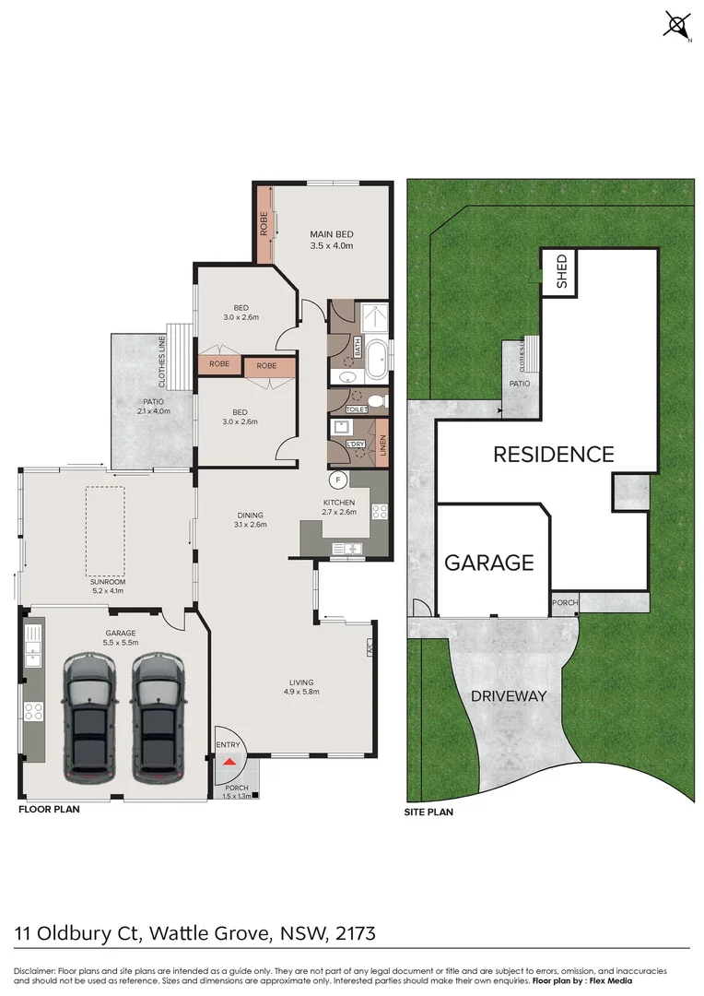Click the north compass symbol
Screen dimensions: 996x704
pyautogui.click(x=677, y=25)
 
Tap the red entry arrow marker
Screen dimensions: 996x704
pyautogui.click(x=229, y=761)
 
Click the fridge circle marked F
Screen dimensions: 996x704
pyautogui.click(x=338, y=480)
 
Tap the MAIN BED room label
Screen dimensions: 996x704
pyautogui.click(x=331, y=234)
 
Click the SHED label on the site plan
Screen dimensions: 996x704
pyautogui.click(x=561, y=271)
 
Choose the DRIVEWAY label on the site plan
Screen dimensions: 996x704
pyautogui.click(x=509, y=696)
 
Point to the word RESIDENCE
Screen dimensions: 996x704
pyautogui.click(x=553, y=455)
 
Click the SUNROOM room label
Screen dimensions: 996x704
pyautogui.click(x=108, y=582)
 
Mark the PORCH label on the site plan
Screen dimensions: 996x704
pyautogui.click(x=564, y=603)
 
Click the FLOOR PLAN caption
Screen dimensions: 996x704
pyautogui.click(x=49, y=810)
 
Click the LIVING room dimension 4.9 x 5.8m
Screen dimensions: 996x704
pyautogui.click(x=301, y=691)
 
